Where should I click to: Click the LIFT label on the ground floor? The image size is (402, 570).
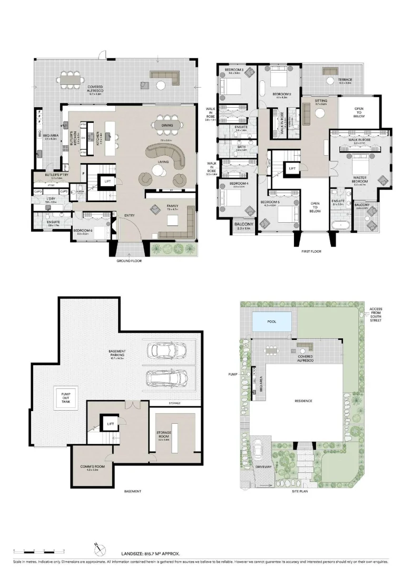tap(107, 181)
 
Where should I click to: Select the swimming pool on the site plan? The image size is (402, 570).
tap(271, 321)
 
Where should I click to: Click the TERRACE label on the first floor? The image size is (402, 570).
tap(345, 80)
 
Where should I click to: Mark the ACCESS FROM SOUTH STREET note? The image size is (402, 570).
tap(377, 315)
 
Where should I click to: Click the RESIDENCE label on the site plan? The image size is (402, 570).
tap(303, 401)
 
